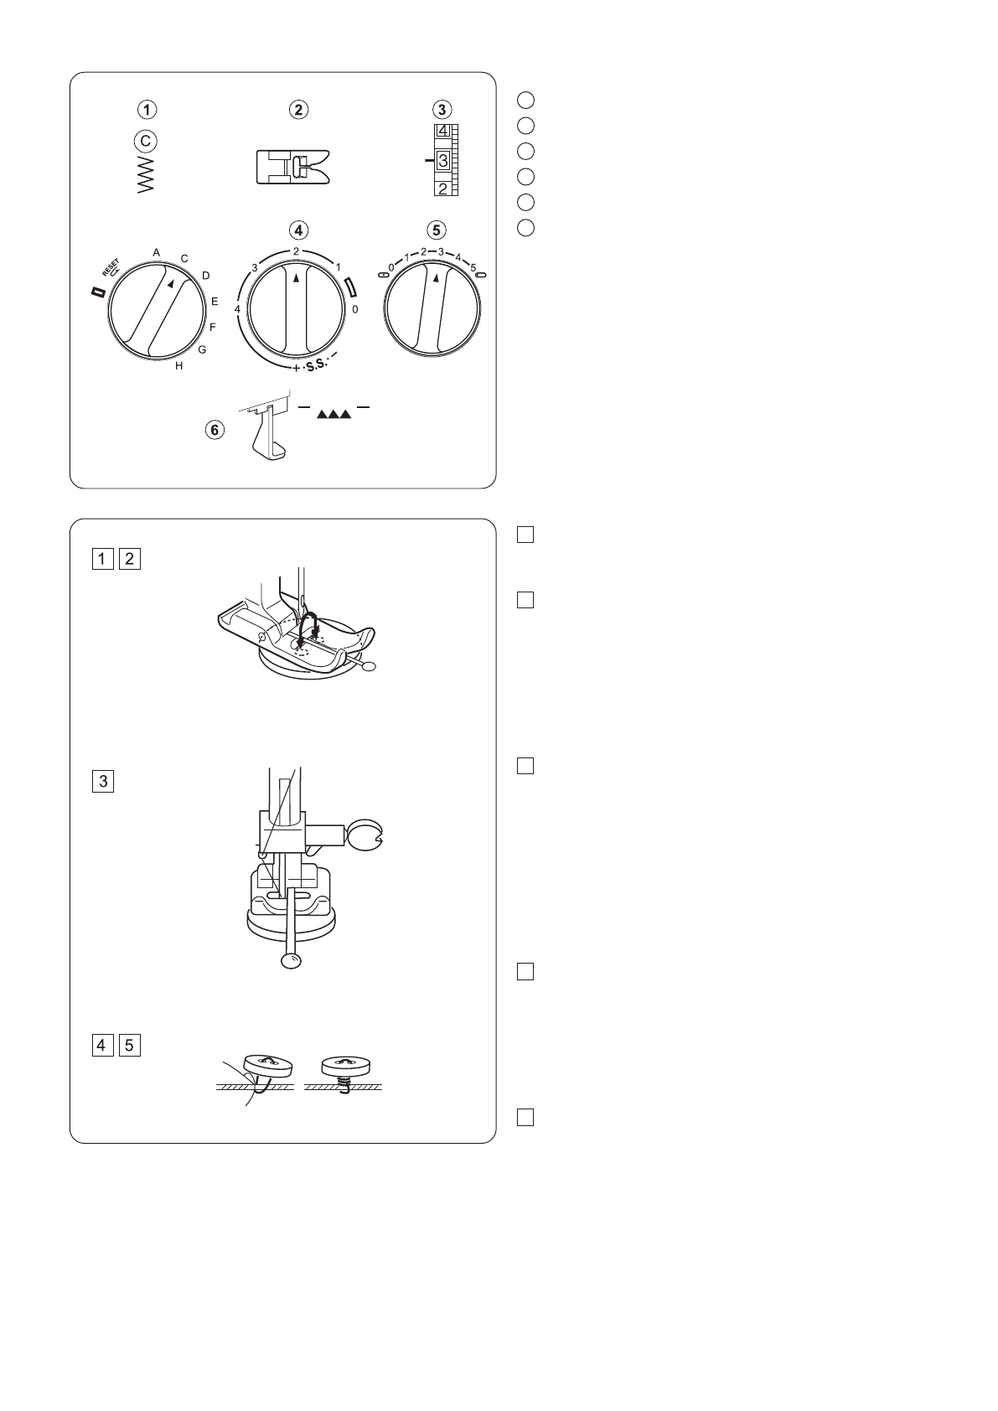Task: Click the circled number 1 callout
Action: pos(147,110)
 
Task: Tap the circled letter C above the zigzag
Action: pos(146,141)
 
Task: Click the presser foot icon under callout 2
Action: pos(293,167)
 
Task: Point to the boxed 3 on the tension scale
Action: pos(443,161)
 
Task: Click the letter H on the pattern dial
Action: pos(179,366)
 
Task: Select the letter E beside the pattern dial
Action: pos(215,302)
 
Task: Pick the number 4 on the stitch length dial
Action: pos(237,309)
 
